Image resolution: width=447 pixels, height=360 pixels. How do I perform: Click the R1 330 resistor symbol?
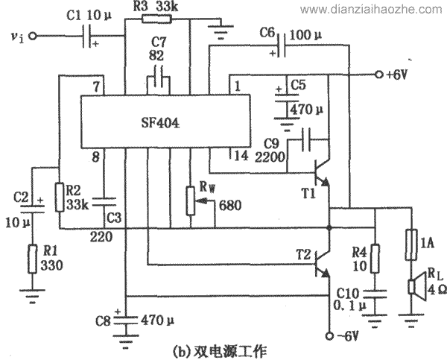point(31,258)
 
